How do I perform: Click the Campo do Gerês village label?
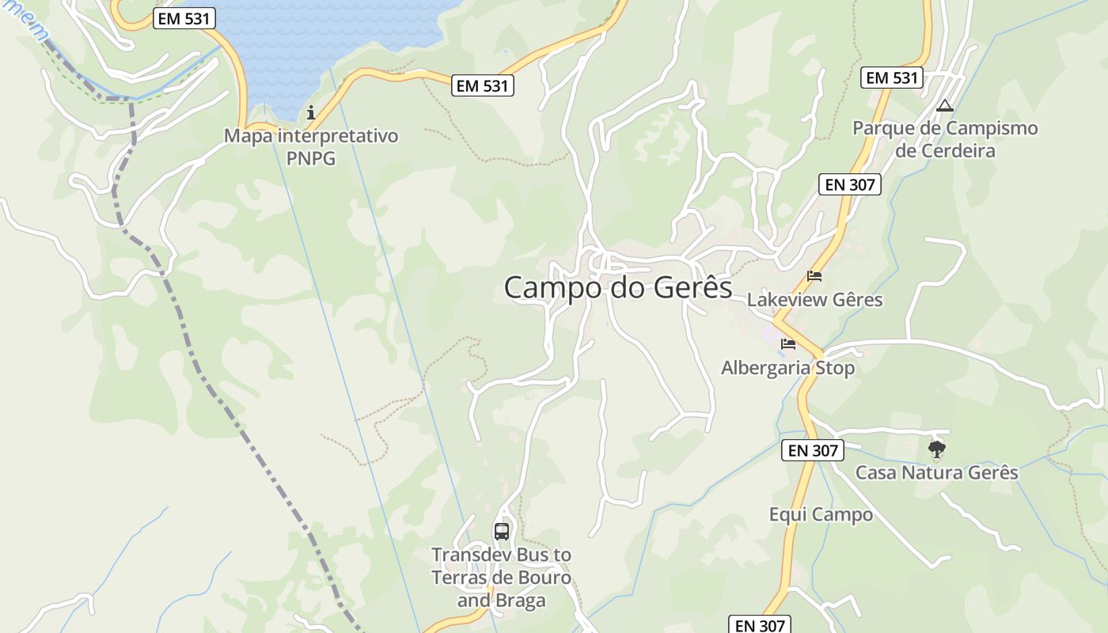point(618,287)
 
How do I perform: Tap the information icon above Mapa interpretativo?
point(311,112)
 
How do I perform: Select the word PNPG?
point(311,158)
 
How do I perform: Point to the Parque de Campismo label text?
point(945,128)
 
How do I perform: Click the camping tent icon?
point(944,105)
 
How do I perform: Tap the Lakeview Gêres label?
point(814,300)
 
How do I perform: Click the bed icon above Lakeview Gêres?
point(814,276)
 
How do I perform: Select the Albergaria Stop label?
point(787,368)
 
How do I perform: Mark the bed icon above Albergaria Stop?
point(787,344)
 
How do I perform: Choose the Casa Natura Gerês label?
point(936,472)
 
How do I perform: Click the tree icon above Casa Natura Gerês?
point(937,450)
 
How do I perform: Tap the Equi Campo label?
point(821,514)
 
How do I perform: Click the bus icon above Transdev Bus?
point(501,531)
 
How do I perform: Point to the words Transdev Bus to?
point(501,555)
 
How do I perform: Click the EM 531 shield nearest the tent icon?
point(892,78)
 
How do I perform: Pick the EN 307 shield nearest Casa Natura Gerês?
point(813,451)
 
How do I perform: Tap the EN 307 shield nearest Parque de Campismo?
point(849,185)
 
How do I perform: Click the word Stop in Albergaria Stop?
point(833,368)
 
